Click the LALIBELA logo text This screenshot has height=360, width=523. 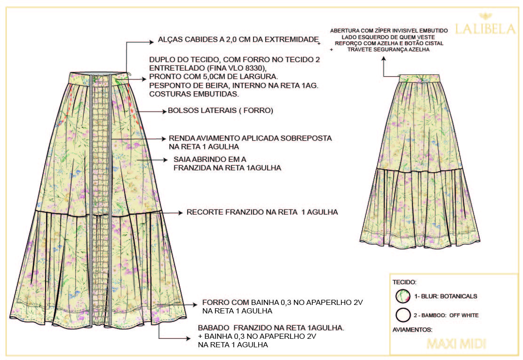(485, 29)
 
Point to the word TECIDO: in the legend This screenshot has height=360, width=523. (404, 282)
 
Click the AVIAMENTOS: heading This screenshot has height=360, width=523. (412, 330)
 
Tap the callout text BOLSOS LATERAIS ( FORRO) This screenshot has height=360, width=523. (221, 112)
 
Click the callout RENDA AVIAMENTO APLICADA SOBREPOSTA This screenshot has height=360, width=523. (250, 138)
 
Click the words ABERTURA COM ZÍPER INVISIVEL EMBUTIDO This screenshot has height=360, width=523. (388, 31)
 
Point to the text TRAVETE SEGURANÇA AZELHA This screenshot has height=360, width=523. (388, 49)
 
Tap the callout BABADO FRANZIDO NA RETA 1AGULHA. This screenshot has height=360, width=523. (271, 328)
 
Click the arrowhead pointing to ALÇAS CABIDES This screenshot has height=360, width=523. (152, 41)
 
